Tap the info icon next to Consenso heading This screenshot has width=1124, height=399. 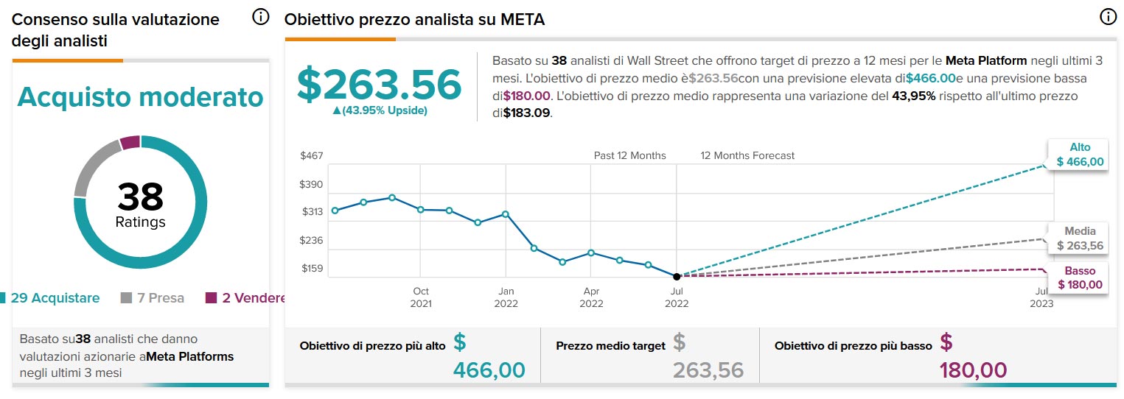tap(261, 17)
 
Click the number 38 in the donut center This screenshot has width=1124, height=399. tap(140, 197)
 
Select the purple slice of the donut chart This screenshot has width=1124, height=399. tap(130, 142)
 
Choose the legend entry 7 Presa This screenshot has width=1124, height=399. tap(153, 298)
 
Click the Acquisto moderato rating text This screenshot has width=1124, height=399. tap(140, 96)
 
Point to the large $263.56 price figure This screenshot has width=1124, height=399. tap(379, 84)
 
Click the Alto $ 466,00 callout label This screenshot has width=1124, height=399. tap(1080, 155)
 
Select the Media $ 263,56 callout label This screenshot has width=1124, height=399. tap(1080, 239)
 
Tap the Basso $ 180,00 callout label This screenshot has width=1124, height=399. tap(1080, 278)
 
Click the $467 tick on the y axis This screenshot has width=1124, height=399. tap(312, 155)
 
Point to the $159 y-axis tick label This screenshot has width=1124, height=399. tap(312, 269)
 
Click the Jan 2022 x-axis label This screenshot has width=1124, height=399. tap(506, 297)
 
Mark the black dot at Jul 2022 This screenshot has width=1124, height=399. tap(677, 276)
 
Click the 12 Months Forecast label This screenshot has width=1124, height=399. tap(747, 155)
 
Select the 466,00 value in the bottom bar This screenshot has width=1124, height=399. tap(489, 369)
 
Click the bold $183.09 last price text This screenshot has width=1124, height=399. tap(527, 113)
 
